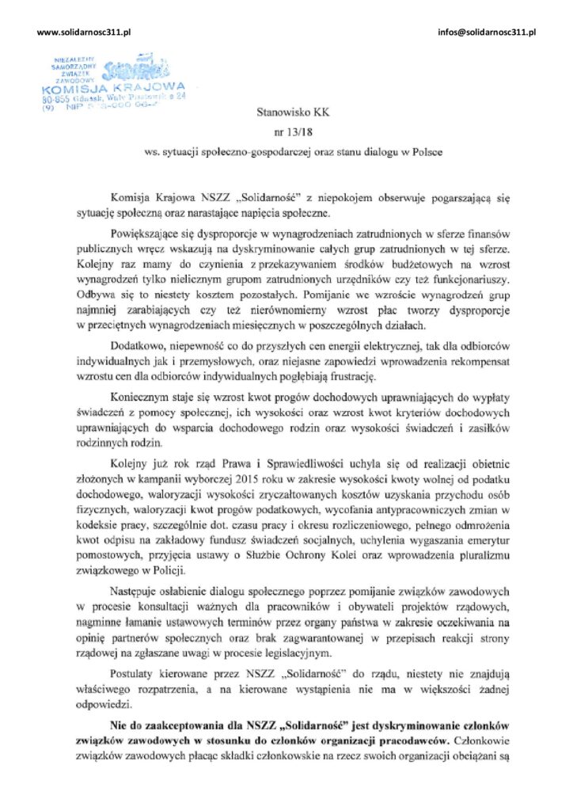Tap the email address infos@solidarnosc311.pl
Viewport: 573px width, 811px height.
(x=487, y=31)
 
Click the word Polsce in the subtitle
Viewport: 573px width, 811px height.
(x=427, y=151)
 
